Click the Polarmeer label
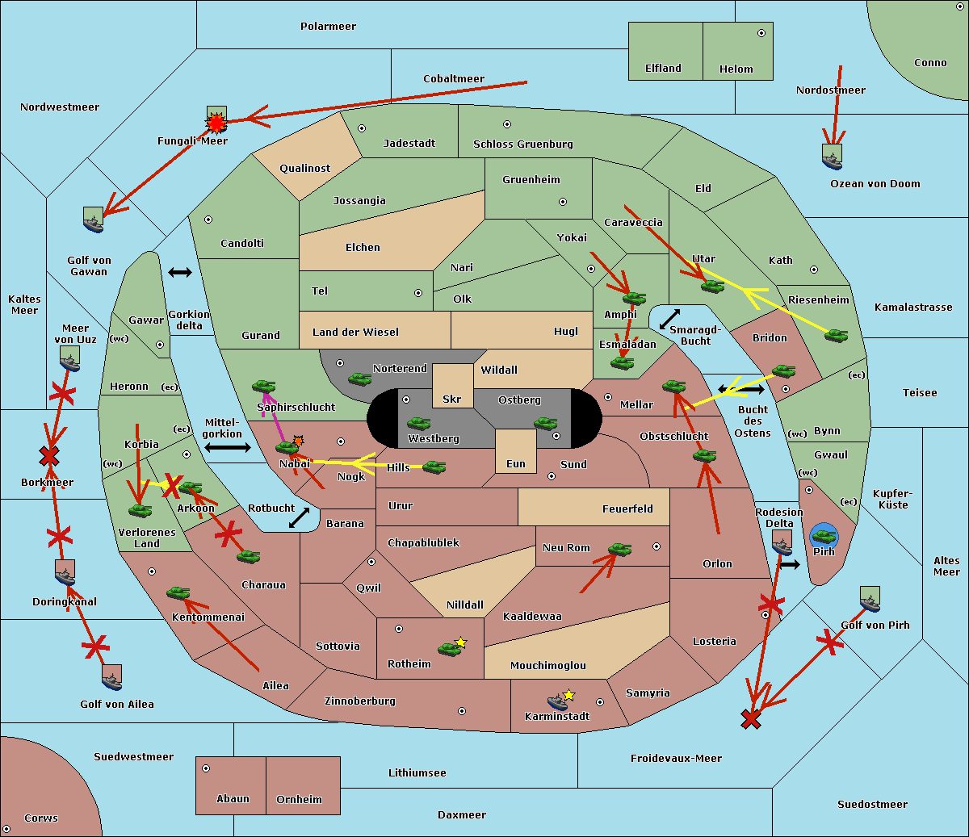328,27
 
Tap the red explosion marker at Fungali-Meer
216,123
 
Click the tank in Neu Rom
619,550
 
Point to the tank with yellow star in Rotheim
450,647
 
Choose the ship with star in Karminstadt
558,701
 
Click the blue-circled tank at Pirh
824,536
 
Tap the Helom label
736,69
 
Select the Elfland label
663,69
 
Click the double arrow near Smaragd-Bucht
670,319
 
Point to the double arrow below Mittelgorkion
227,447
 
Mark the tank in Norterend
359,379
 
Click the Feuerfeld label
627,509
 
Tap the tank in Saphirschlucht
263,387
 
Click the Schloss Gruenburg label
522,144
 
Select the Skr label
452,400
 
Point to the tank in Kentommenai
178,593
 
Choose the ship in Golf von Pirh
870,600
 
